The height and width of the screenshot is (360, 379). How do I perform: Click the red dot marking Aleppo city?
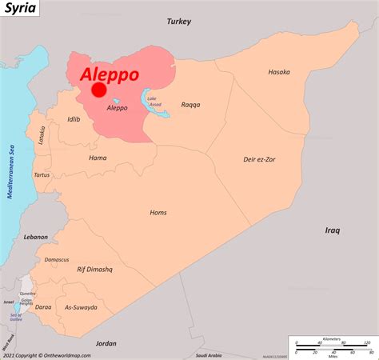pos(98,90)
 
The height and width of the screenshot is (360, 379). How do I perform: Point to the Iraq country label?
pos(333,230)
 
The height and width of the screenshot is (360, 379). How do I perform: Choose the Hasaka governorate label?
pos(279,72)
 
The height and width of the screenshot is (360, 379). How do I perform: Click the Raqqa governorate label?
pos(191,104)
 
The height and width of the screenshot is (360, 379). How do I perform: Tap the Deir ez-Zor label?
pos(261,159)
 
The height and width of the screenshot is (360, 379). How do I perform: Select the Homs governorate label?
pos(158,212)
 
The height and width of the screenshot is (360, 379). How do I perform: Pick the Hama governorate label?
pos(98,158)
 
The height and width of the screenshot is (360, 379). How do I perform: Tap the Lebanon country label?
pos(35,237)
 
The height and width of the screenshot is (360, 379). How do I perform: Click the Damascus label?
pos(57,259)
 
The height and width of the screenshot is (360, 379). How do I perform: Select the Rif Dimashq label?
pos(94,270)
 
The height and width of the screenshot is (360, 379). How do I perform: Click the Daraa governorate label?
pos(43,307)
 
